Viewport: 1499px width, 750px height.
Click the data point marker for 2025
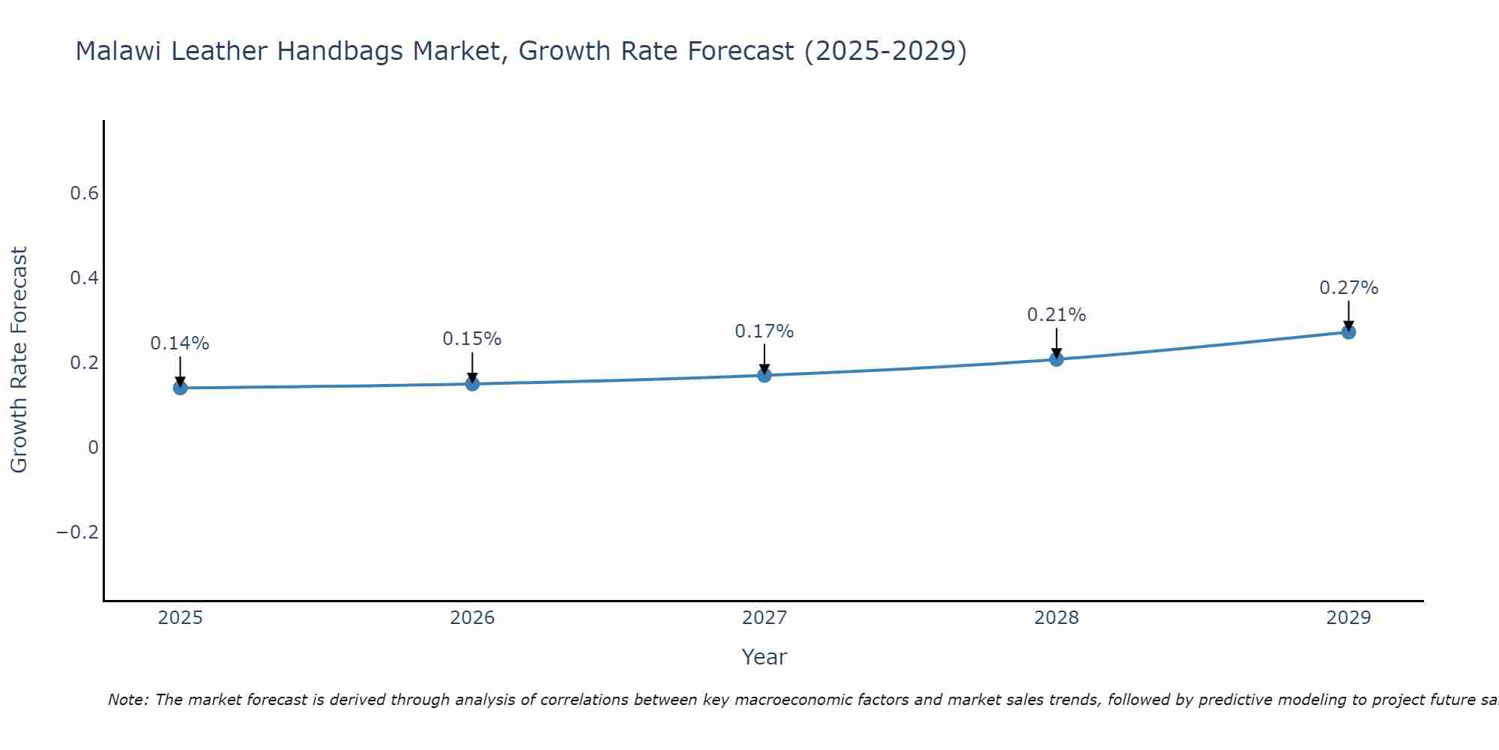pos(180,388)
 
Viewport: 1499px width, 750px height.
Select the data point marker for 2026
pos(472,384)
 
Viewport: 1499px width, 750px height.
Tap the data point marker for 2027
pos(764,375)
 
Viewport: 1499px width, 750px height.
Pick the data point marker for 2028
pos(1056,359)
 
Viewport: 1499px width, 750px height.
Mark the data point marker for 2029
pos(1348,332)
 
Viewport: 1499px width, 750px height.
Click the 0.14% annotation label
pos(180,343)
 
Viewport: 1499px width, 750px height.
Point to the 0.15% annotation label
pos(472,339)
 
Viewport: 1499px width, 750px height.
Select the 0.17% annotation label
pos(764,331)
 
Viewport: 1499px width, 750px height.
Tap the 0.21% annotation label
pos(1056,315)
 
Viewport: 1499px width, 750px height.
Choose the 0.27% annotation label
pos(1348,288)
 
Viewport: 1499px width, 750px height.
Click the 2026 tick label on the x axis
pos(472,618)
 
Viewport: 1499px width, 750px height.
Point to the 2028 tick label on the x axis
pos(1056,618)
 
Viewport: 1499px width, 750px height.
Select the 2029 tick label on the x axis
pos(1348,618)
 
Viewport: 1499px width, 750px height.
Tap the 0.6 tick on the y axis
pos(84,193)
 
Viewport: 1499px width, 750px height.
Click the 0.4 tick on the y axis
pos(84,278)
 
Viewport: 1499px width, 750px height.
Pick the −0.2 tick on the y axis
pos(77,532)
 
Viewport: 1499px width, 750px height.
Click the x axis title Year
pos(764,657)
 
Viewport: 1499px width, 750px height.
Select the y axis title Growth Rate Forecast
pos(19,359)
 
